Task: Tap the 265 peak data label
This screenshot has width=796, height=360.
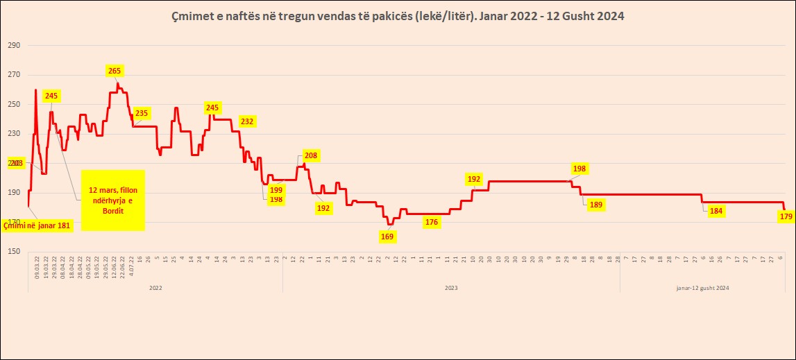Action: click(115, 71)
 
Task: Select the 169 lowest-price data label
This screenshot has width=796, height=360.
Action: click(387, 237)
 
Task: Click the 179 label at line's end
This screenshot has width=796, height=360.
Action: click(786, 217)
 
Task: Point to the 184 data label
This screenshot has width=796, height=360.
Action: click(716, 212)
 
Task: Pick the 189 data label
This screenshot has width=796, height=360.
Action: click(595, 205)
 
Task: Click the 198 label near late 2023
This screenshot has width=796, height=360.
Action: click(579, 169)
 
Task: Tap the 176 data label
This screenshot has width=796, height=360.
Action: click(432, 223)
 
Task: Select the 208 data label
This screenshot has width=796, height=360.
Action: click(310, 155)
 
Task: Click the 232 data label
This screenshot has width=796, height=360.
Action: click(247, 121)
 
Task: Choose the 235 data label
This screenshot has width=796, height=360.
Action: click(142, 113)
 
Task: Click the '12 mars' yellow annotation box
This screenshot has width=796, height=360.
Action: click(112, 200)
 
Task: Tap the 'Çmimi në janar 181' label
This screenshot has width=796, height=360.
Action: click(37, 225)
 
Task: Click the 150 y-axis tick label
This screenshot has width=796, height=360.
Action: click(14, 252)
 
